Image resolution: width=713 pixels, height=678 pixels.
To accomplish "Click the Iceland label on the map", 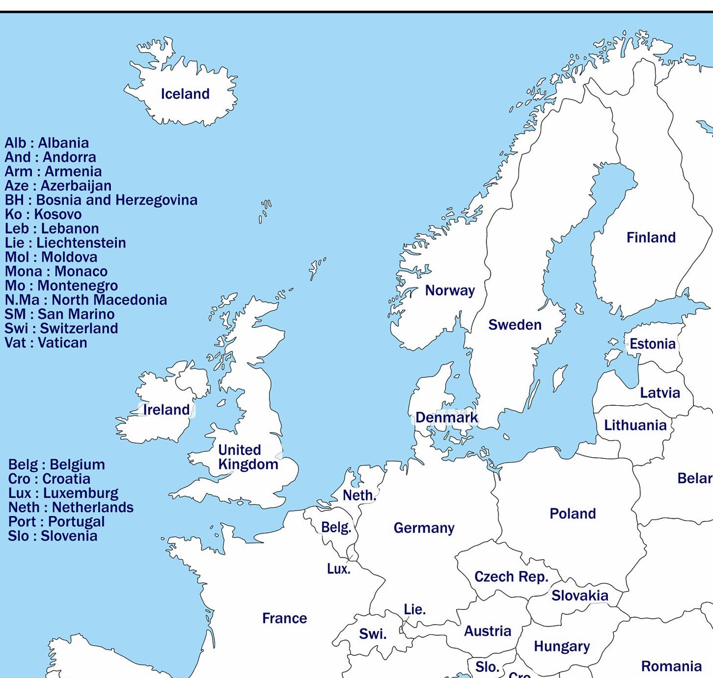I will pyautogui.click(x=185, y=94).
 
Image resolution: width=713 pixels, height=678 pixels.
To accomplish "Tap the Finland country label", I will pyautogui.click(x=651, y=237).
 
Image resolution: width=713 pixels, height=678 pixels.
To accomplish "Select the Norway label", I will pyautogui.click(x=449, y=291).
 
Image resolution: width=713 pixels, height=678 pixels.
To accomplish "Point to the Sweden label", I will pyautogui.click(x=515, y=325).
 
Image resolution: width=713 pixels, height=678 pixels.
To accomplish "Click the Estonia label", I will pyautogui.click(x=652, y=344).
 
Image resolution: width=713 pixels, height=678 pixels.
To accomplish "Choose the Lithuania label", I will pyautogui.click(x=635, y=425).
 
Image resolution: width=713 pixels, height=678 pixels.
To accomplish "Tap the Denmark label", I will pyautogui.click(x=446, y=418).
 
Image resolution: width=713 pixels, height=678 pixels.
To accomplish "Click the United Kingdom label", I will pyautogui.click(x=248, y=457).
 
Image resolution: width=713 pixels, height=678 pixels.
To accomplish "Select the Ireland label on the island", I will pyautogui.click(x=166, y=410).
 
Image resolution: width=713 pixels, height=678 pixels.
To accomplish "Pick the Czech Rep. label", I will pyautogui.click(x=511, y=577).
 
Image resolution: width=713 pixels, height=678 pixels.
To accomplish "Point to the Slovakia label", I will pyautogui.click(x=580, y=596).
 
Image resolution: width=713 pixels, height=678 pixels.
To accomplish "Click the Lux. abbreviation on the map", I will pyautogui.click(x=339, y=569).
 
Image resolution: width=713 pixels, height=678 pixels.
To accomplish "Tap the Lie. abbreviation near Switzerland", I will pyautogui.click(x=414, y=609).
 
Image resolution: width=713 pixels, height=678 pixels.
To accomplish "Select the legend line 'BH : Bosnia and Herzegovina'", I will pyautogui.click(x=101, y=200).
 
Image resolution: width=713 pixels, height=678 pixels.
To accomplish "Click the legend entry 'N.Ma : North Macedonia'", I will pyautogui.click(x=86, y=300).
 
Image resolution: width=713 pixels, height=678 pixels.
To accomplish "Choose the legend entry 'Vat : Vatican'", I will pyautogui.click(x=46, y=343).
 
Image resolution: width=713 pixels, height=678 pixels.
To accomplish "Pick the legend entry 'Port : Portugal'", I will pyautogui.click(x=56, y=522).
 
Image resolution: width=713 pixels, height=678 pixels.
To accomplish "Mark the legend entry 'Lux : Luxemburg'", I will pyautogui.click(x=63, y=493).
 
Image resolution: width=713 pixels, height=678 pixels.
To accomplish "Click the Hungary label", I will pyautogui.click(x=561, y=647).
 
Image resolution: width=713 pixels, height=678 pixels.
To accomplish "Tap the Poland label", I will pyautogui.click(x=572, y=514).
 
